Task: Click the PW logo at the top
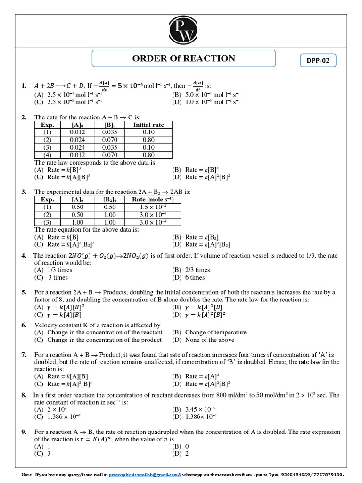pyautogui.click(x=181, y=29)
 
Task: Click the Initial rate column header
pyautogui.click(x=148, y=125)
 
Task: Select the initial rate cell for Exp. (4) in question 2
pyautogui.click(x=148, y=155)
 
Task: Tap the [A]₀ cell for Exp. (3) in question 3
pyautogui.click(x=77, y=222)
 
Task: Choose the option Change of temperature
pyautogui.click(x=210, y=333)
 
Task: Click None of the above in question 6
pyautogui.click(x=204, y=340)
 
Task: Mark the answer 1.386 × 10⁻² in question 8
pyautogui.click(x=61, y=417)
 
